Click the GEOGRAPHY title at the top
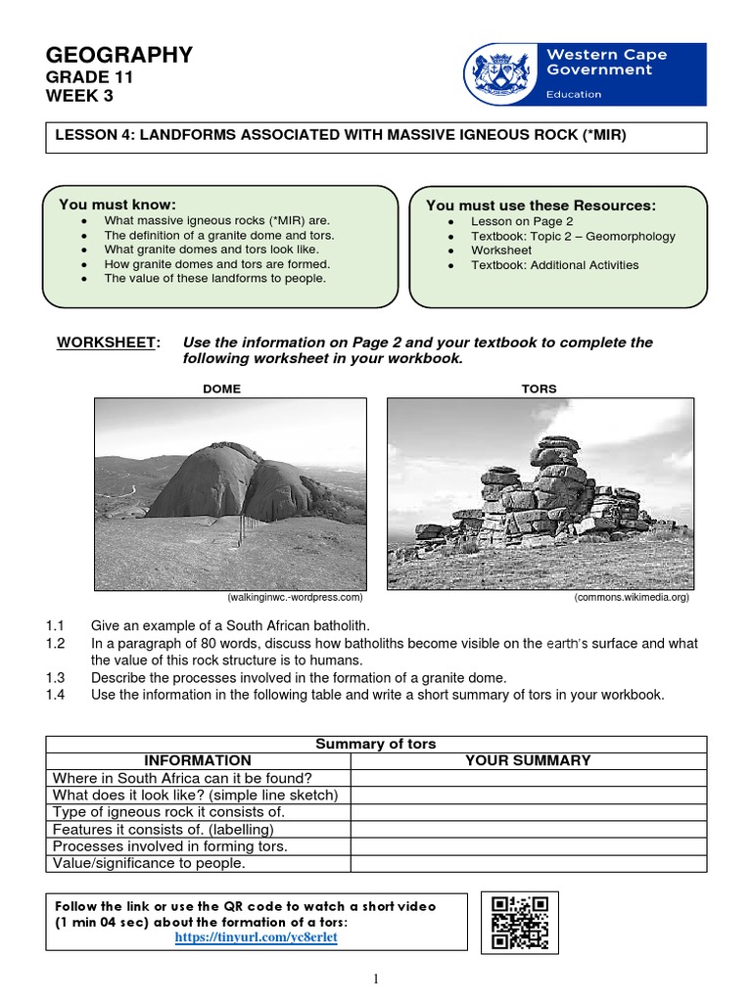(x=119, y=56)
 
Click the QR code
(x=518, y=922)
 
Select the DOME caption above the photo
(x=221, y=388)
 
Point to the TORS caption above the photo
(x=539, y=388)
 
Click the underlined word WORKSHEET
(x=106, y=342)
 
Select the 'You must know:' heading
(x=117, y=205)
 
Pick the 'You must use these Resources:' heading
(x=540, y=205)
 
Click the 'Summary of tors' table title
(x=376, y=745)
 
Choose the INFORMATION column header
(x=198, y=760)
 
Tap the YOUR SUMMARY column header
(x=528, y=760)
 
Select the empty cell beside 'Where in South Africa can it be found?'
(x=528, y=778)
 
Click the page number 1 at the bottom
(x=376, y=979)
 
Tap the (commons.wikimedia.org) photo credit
(x=632, y=597)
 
